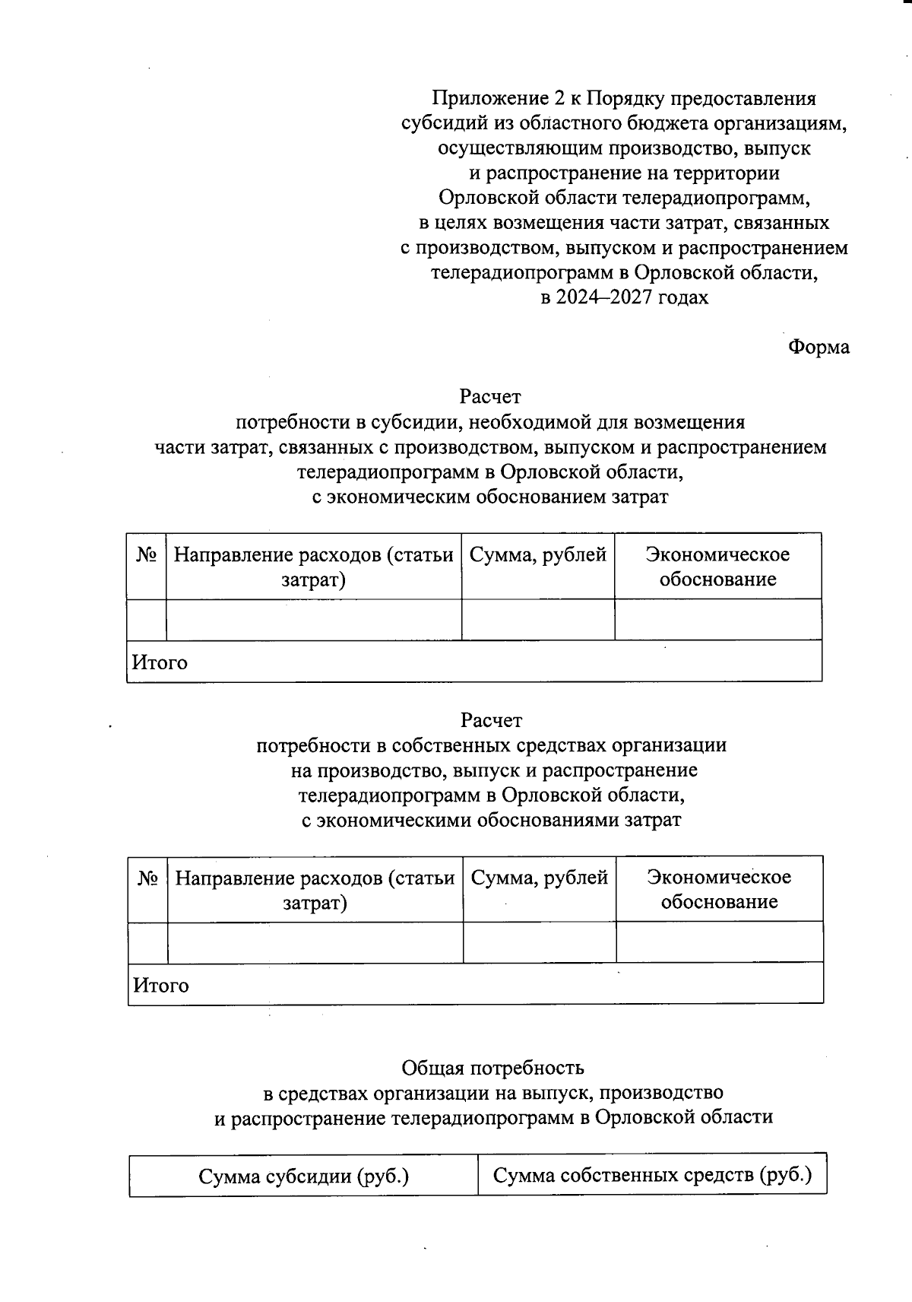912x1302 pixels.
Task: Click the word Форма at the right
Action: tap(819, 348)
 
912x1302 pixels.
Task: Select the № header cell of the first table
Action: tap(146, 556)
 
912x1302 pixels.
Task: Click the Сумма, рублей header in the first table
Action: tap(537, 556)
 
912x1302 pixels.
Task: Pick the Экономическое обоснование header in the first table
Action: tap(717, 567)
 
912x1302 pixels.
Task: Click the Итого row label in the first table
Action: tap(160, 662)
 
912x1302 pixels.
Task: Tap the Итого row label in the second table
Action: tap(161, 986)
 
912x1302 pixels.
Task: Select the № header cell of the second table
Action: tap(147, 879)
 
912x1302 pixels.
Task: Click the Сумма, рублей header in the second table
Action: tap(539, 879)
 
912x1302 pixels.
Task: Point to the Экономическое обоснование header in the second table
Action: tap(719, 890)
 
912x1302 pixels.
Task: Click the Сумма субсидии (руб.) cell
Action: tap(304, 1177)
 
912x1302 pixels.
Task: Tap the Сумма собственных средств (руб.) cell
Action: tap(652, 1176)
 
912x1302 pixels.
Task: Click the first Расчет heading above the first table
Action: tap(489, 397)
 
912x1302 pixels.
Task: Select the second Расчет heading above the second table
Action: tap(491, 720)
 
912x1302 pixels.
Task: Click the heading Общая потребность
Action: tap(492, 1068)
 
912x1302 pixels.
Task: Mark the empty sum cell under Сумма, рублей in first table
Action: tap(537, 619)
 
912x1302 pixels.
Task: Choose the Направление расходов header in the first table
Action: tap(313, 567)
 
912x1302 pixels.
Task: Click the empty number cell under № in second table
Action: tap(147, 942)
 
